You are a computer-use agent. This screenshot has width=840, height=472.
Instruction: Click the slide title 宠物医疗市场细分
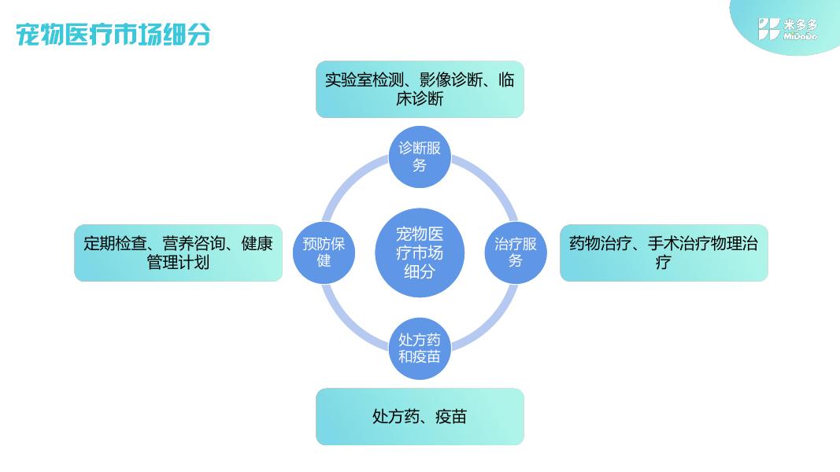coord(113,35)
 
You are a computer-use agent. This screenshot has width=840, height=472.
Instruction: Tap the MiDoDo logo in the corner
coord(787,29)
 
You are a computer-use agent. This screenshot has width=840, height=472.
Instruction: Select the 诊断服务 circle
coord(420,157)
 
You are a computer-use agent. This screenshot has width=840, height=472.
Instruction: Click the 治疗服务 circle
coord(516,253)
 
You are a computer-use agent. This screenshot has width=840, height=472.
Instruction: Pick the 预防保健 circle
coord(324,253)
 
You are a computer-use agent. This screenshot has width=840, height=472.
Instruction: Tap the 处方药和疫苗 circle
coord(420,348)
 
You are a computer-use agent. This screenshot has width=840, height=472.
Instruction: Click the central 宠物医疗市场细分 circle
coord(420,253)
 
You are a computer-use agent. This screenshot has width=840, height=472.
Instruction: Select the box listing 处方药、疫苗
coord(420,416)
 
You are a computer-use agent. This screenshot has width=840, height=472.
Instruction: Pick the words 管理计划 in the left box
coord(178,262)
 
